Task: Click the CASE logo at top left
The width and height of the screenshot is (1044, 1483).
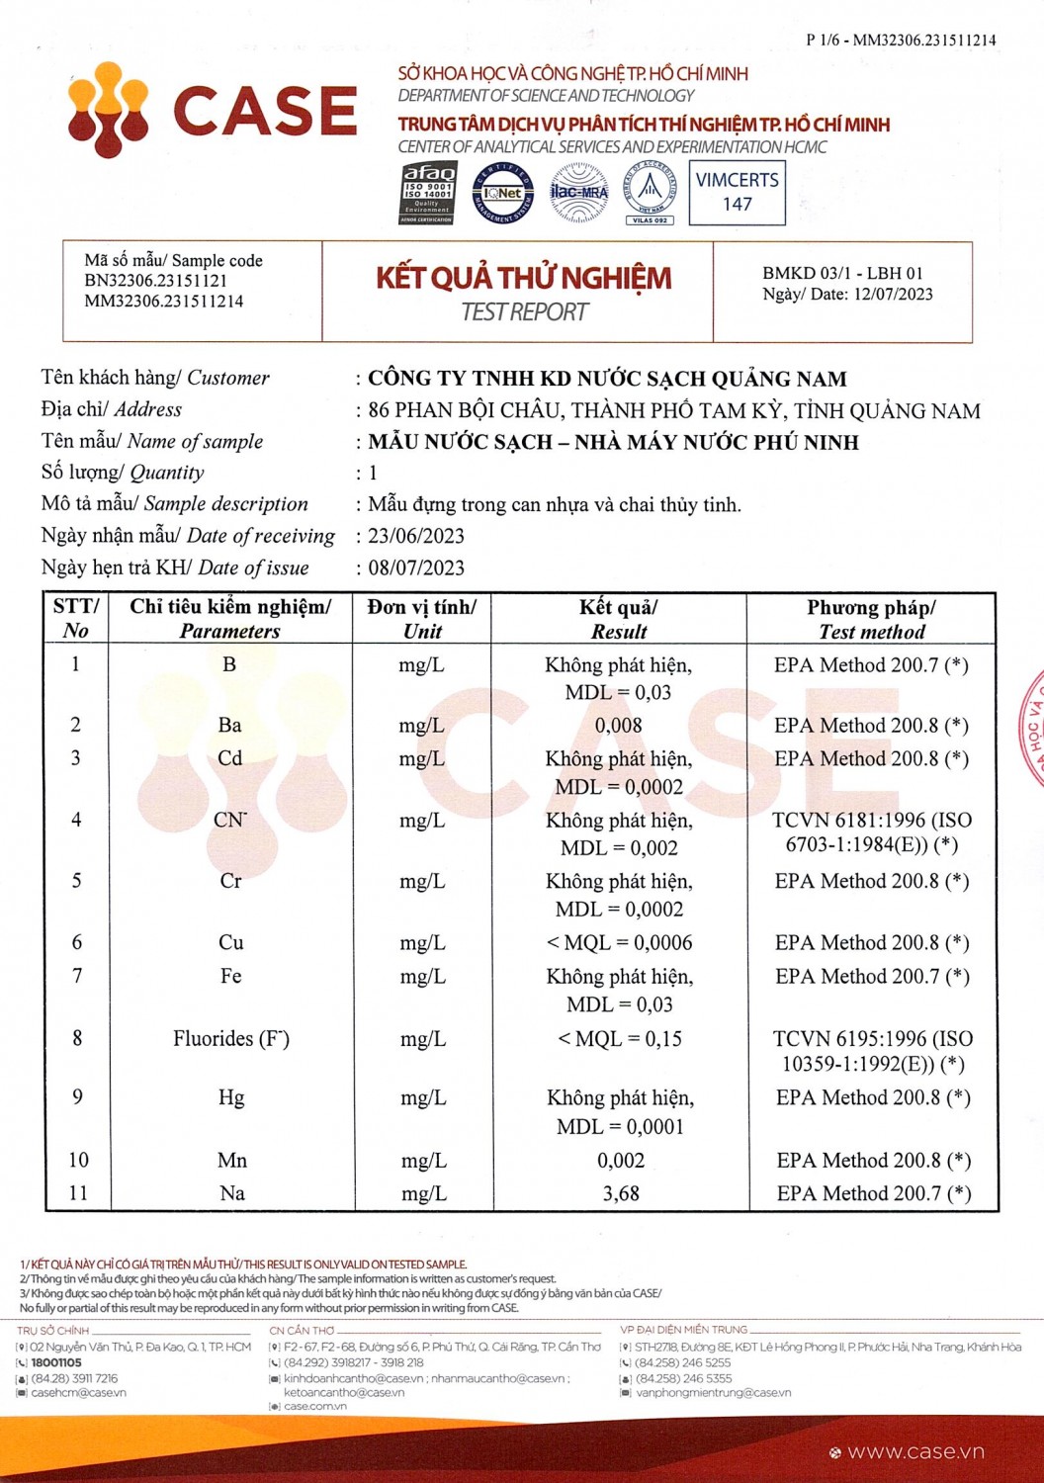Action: tap(212, 109)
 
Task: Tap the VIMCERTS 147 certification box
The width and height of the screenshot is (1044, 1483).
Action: tap(737, 192)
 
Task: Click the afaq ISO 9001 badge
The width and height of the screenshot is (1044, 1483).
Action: tap(426, 193)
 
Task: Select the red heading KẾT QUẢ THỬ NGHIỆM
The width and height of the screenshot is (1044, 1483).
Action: tap(523, 278)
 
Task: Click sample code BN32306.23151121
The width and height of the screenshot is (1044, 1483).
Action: tap(156, 281)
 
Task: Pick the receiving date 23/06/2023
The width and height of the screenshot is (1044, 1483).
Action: tap(416, 536)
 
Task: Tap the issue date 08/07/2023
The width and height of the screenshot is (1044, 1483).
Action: tap(416, 567)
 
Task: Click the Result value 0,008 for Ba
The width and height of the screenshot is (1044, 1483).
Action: tap(619, 726)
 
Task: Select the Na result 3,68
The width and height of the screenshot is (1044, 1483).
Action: tap(621, 1193)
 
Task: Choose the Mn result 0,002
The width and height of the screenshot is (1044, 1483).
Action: tap(621, 1160)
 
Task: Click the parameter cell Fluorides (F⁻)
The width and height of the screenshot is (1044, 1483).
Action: tap(231, 1038)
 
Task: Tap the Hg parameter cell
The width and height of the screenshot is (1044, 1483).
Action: tap(231, 1097)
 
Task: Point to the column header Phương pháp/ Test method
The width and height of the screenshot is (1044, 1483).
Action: tap(871, 619)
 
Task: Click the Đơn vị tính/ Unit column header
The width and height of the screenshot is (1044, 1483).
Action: tap(422, 619)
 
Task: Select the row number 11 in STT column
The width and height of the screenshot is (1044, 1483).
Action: tap(77, 1193)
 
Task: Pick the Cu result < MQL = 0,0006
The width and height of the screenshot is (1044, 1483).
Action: tap(620, 942)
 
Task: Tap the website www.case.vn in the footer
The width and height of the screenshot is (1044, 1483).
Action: tap(915, 1451)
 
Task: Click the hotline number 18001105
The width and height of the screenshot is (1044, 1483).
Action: tap(56, 1362)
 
